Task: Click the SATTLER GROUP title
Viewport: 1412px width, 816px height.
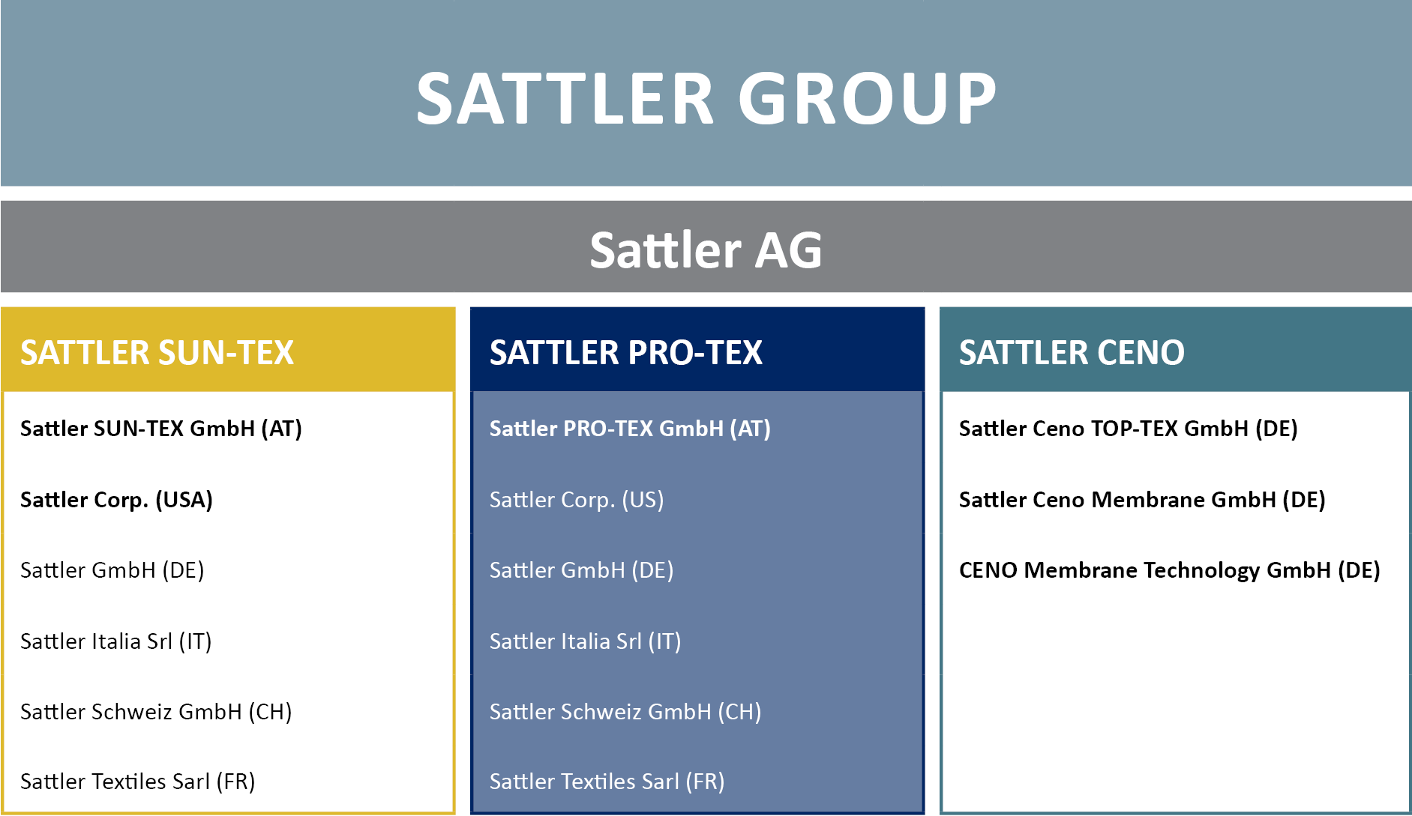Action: (x=706, y=98)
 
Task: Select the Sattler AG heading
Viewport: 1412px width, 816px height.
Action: (x=706, y=250)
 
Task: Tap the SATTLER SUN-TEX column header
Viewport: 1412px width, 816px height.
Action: (x=157, y=352)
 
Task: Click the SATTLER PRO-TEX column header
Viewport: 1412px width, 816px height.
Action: (x=626, y=352)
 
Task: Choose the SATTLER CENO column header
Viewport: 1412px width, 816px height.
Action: (x=1072, y=352)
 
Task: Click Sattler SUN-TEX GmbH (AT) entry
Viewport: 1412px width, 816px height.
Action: (x=161, y=429)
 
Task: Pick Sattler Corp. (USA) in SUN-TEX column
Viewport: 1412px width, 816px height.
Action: (x=116, y=500)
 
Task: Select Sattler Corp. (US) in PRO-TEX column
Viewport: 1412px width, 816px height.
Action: (x=577, y=500)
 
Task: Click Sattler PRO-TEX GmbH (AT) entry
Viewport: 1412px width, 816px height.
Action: (x=630, y=429)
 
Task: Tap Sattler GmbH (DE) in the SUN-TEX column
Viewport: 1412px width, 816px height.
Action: (x=112, y=570)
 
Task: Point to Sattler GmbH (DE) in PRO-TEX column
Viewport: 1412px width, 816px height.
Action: (x=581, y=570)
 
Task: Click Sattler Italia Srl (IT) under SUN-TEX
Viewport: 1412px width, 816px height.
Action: (x=115, y=641)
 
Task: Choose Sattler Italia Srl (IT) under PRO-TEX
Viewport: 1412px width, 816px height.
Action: (x=585, y=641)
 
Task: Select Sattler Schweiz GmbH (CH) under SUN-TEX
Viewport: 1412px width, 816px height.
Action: (x=156, y=712)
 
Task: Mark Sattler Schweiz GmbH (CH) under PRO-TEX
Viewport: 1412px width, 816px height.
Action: (x=625, y=712)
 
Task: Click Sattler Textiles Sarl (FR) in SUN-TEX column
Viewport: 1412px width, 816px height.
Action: (x=137, y=782)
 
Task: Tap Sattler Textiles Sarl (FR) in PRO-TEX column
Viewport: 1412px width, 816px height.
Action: (x=607, y=782)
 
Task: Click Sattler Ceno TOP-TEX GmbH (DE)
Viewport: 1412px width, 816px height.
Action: (x=1129, y=429)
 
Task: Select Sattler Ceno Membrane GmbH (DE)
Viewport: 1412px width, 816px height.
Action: (x=1142, y=500)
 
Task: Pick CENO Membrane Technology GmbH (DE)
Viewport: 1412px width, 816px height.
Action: (x=1170, y=570)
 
